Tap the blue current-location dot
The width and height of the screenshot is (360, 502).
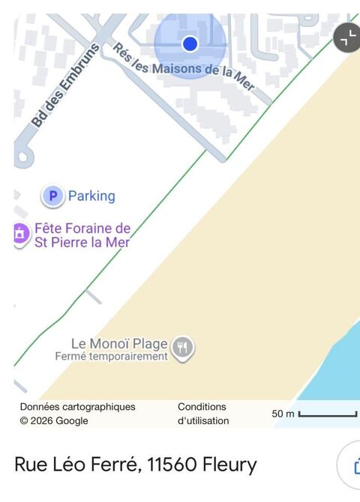click(x=190, y=43)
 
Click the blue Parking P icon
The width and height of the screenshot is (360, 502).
click(x=52, y=196)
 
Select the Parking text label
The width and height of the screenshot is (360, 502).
click(x=91, y=196)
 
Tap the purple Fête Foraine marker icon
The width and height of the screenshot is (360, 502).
click(x=19, y=235)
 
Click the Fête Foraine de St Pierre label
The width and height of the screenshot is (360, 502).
click(x=82, y=235)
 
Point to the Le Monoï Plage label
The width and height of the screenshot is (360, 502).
click(x=119, y=344)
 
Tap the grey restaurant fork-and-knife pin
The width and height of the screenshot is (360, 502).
click(x=183, y=347)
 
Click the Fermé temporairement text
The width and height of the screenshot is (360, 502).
click(x=111, y=357)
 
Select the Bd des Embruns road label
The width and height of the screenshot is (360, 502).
click(x=65, y=85)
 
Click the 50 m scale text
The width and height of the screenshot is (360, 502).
click(x=283, y=414)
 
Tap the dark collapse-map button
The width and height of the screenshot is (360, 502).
click(x=346, y=38)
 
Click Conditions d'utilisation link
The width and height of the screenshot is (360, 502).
click(x=203, y=414)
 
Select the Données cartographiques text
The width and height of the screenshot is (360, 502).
click(x=77, y=407)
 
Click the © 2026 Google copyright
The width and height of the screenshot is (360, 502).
click(x=54, y=421)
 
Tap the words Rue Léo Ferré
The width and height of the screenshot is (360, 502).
click(x=75, y=465)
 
